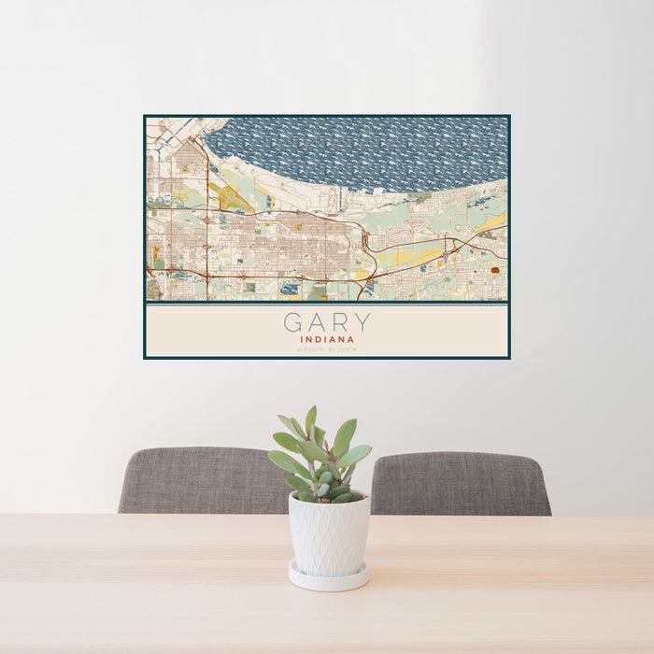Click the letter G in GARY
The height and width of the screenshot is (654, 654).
pos(293,323)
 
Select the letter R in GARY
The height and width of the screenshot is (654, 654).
pos(339,323)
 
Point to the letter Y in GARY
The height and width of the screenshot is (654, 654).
pos(362,323)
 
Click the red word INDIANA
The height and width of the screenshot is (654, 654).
pos(327,340)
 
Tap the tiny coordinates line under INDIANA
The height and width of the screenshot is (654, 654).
pos(327,350)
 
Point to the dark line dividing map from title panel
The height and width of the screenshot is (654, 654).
pos(327,303)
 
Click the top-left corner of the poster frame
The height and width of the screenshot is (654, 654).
pos(145,116)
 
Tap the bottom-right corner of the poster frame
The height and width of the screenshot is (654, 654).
pos(509,358)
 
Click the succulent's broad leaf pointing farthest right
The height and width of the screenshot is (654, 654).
pos(357,456)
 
